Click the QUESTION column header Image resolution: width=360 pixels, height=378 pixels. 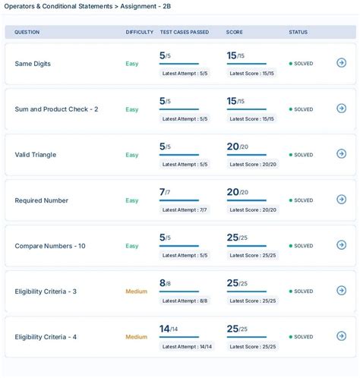coord(27,32)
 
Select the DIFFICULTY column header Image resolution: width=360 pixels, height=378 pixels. coord(139,32)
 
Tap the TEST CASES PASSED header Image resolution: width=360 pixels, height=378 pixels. coord(185,32)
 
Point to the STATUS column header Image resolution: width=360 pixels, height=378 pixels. coord(298,32)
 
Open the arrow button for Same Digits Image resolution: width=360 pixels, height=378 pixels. coord(341,63)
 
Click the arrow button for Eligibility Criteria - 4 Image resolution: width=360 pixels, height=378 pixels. coord(341,336)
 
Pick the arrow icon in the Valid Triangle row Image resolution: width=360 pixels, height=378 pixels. coord(341,154)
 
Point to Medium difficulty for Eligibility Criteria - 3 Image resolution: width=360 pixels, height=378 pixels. coord(136,291)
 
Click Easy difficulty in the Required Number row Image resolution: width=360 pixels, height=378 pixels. coord(132,200)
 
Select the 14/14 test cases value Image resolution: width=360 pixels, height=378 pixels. coord(169,328)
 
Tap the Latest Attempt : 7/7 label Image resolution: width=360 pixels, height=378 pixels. coord(185,209)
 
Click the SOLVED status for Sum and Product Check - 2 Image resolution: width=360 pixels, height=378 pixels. coord(302,109)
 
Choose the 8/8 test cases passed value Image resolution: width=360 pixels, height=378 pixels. coord(165,282)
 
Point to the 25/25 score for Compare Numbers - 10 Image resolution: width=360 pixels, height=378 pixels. coord(237,237)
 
